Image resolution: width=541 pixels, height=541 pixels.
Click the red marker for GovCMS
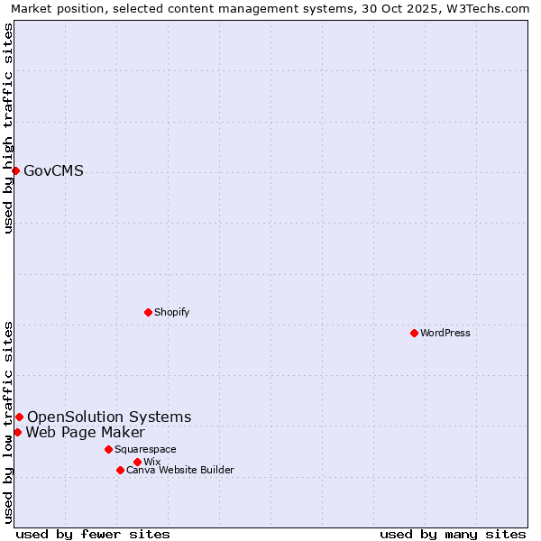15,170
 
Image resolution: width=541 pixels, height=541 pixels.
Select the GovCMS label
53,171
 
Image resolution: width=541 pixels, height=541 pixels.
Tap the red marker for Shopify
148,312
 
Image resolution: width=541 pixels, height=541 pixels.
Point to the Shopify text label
171,312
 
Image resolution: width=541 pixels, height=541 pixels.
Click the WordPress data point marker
414,333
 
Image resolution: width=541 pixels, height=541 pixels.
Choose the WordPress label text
445,333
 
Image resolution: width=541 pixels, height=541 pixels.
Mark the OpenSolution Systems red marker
19,417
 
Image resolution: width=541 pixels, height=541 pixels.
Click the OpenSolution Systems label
109,417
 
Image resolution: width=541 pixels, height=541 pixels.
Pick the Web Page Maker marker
17,432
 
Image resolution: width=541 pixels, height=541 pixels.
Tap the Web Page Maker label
85,433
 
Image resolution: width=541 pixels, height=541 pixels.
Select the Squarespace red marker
108,449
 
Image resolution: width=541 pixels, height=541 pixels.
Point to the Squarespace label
145,449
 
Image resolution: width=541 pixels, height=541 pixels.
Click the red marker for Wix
137,462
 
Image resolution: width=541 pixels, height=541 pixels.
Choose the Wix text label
151,462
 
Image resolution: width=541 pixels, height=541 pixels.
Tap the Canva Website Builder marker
120,470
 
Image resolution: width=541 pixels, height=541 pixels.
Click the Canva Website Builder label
180,470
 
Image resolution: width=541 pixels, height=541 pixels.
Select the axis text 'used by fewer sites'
93,534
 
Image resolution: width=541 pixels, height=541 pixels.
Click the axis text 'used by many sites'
453,534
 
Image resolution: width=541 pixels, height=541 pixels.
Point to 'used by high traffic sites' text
8,128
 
